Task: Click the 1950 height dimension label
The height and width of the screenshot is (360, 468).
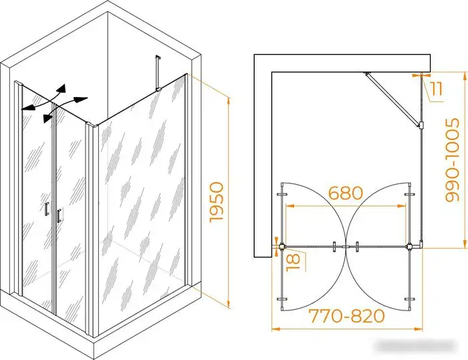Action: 217,202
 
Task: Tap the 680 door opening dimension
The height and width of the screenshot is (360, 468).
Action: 346,193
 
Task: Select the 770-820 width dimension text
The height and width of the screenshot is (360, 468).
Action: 346,316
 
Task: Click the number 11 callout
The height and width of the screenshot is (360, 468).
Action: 436,89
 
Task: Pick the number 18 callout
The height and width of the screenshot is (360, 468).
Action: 293,262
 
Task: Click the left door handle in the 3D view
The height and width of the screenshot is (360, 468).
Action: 47,209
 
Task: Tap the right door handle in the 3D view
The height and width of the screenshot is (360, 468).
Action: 59,215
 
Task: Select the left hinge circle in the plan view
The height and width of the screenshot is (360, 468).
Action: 281,246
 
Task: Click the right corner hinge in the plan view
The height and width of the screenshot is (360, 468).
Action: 410,247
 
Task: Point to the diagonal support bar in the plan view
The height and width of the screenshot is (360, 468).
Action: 392,100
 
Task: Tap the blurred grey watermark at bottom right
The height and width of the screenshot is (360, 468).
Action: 416,347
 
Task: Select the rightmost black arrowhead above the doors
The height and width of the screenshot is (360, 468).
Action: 81,100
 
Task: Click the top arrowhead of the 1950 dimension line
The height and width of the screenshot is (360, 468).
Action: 229,100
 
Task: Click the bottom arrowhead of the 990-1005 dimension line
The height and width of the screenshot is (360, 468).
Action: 465,244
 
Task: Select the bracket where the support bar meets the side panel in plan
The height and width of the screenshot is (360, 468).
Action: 421,125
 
